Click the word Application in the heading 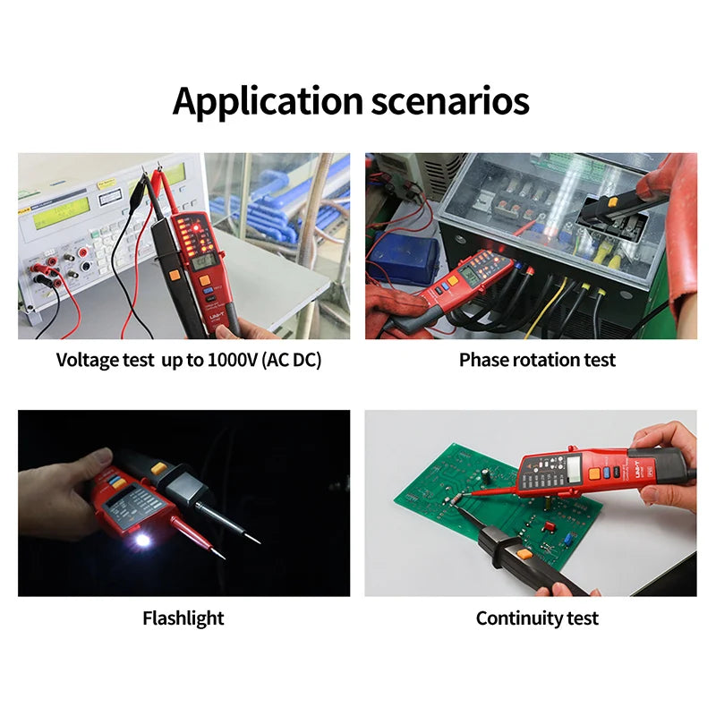[x=268, y=102]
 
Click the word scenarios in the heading [x=450, y=100]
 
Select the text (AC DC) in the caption [x=292, y=361]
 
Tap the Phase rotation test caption [x=537, y=360]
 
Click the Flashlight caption [x=183, y=618]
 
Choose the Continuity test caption [x=537, y=618]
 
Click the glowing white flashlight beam [x=142, y=541]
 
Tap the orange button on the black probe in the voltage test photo [x=174, y=276]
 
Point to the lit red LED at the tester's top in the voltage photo [x=196, y=227]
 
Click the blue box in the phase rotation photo [x=404, y=259]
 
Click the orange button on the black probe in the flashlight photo [x=158, y=467]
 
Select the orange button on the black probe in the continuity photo [x=524, y=555]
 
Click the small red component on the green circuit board [x=548, y=526]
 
